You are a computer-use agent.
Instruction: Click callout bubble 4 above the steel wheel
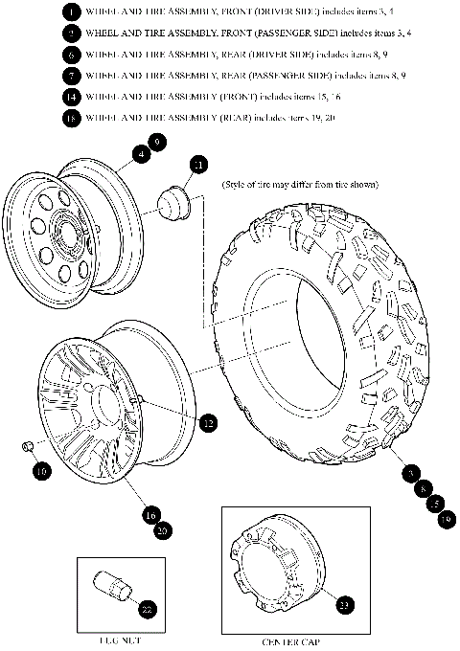pyautogui.click(x=142, y=153)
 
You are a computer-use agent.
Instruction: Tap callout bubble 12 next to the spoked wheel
pyautogui.click(x=208, y=421)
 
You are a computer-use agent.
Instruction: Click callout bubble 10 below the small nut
pyautogui.click(x=41, y=470)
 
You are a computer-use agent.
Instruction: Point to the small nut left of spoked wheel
pyautogui.click(x=29, y=446)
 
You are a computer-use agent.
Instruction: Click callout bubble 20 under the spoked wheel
pyautogui.click(x=163, y=529)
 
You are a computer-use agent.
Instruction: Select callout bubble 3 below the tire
pyautogui.click(x=410, y=474)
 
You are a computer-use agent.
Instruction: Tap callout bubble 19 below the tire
pyautogui.click(x=445, y=518)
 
